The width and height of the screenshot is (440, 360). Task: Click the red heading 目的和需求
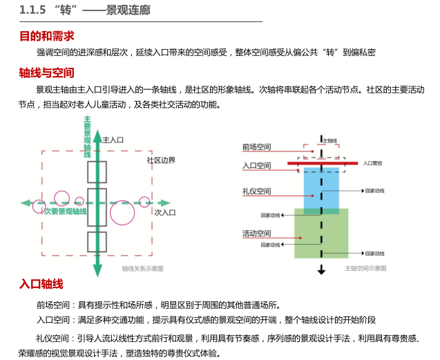(46, 36)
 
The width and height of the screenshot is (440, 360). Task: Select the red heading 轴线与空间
(46, 73)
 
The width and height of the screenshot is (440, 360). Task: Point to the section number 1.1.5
(32, 10)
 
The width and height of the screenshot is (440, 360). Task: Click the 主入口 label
(113, 140)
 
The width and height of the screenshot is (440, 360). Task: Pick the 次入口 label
(166, 212)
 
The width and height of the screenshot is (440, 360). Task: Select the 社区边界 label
(160, 160)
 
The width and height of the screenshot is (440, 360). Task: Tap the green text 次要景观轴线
(65, 211)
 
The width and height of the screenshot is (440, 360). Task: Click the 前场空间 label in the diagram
(256, 147)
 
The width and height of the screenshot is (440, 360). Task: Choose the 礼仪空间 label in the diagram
(256, 191)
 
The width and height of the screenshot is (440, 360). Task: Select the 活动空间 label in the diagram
(256, 234)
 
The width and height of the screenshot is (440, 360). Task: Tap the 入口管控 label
(374, 163)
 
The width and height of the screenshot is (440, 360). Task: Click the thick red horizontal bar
(322, 163)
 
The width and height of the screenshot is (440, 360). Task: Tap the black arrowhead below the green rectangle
(322, 270)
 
